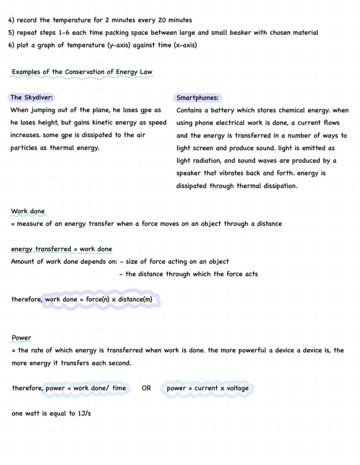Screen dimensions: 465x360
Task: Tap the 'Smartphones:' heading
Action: click(x=197, y=98)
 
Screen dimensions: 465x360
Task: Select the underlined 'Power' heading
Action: click(x=21, y=338)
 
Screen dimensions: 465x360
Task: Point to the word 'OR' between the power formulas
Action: click(x=146, y=388)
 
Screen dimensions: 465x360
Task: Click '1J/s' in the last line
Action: click(x=84, y=413)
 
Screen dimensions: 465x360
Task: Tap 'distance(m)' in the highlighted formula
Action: click(x=135, y=299)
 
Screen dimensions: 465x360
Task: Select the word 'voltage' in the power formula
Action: click(x=238, y=388)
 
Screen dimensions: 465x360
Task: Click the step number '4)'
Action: click(x=11, y=20)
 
